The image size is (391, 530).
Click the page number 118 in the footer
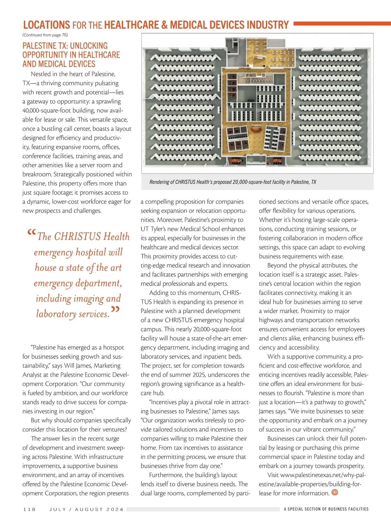coord(29,509)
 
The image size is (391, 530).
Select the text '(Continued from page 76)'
coord(45,35)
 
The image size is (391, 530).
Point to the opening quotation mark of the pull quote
coord(32,233)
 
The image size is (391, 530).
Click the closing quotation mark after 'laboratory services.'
coord(115,309)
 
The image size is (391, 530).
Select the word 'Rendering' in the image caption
coord(159,182)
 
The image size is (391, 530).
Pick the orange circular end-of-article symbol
coord(335,493)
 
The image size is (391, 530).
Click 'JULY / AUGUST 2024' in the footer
coord(86,509)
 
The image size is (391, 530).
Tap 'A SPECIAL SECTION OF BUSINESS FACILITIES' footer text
coord(326,509)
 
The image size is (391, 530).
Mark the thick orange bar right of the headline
coord(342,23)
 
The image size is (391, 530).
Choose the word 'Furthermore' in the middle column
coord(166,475)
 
